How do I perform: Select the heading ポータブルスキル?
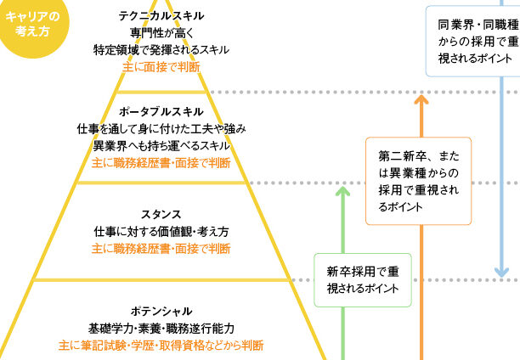coord(161,112)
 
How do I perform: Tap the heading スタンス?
coord(161,214)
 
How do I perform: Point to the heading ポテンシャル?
coord(161,311)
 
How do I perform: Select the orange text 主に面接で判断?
coord(161,66)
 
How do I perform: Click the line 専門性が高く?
coord(161,33)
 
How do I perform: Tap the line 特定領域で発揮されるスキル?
coord(161,50)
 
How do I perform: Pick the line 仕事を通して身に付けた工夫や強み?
coord(161,129)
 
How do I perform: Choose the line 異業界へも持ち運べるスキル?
coord(161,145)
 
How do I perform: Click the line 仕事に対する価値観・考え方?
coord(161,231)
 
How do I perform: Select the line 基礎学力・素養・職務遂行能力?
coord(161,328)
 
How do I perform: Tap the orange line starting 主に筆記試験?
coord(161,346)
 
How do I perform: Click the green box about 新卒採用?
coord(363,281)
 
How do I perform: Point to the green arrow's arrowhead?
coord(342,191)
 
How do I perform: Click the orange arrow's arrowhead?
coord(419,100)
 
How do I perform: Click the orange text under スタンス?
coord(161,249)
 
